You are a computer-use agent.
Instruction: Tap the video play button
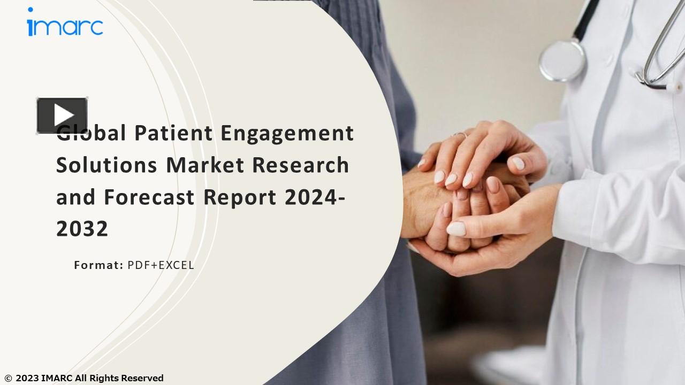point(62,115)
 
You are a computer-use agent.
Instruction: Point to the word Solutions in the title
point(106,165)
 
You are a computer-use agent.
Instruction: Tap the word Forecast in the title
point(149,197)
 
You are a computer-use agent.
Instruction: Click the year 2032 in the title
point(82,229)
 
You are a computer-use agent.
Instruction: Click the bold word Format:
point(98,265)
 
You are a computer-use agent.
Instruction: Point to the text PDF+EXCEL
point(161,265)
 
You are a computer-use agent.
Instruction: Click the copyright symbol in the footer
point(7,379)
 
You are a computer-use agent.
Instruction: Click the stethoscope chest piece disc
point(562,61)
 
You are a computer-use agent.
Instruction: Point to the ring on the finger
point(460,135)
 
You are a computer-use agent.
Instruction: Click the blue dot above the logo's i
point(31,10)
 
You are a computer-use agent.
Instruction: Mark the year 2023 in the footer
point(27,379)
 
